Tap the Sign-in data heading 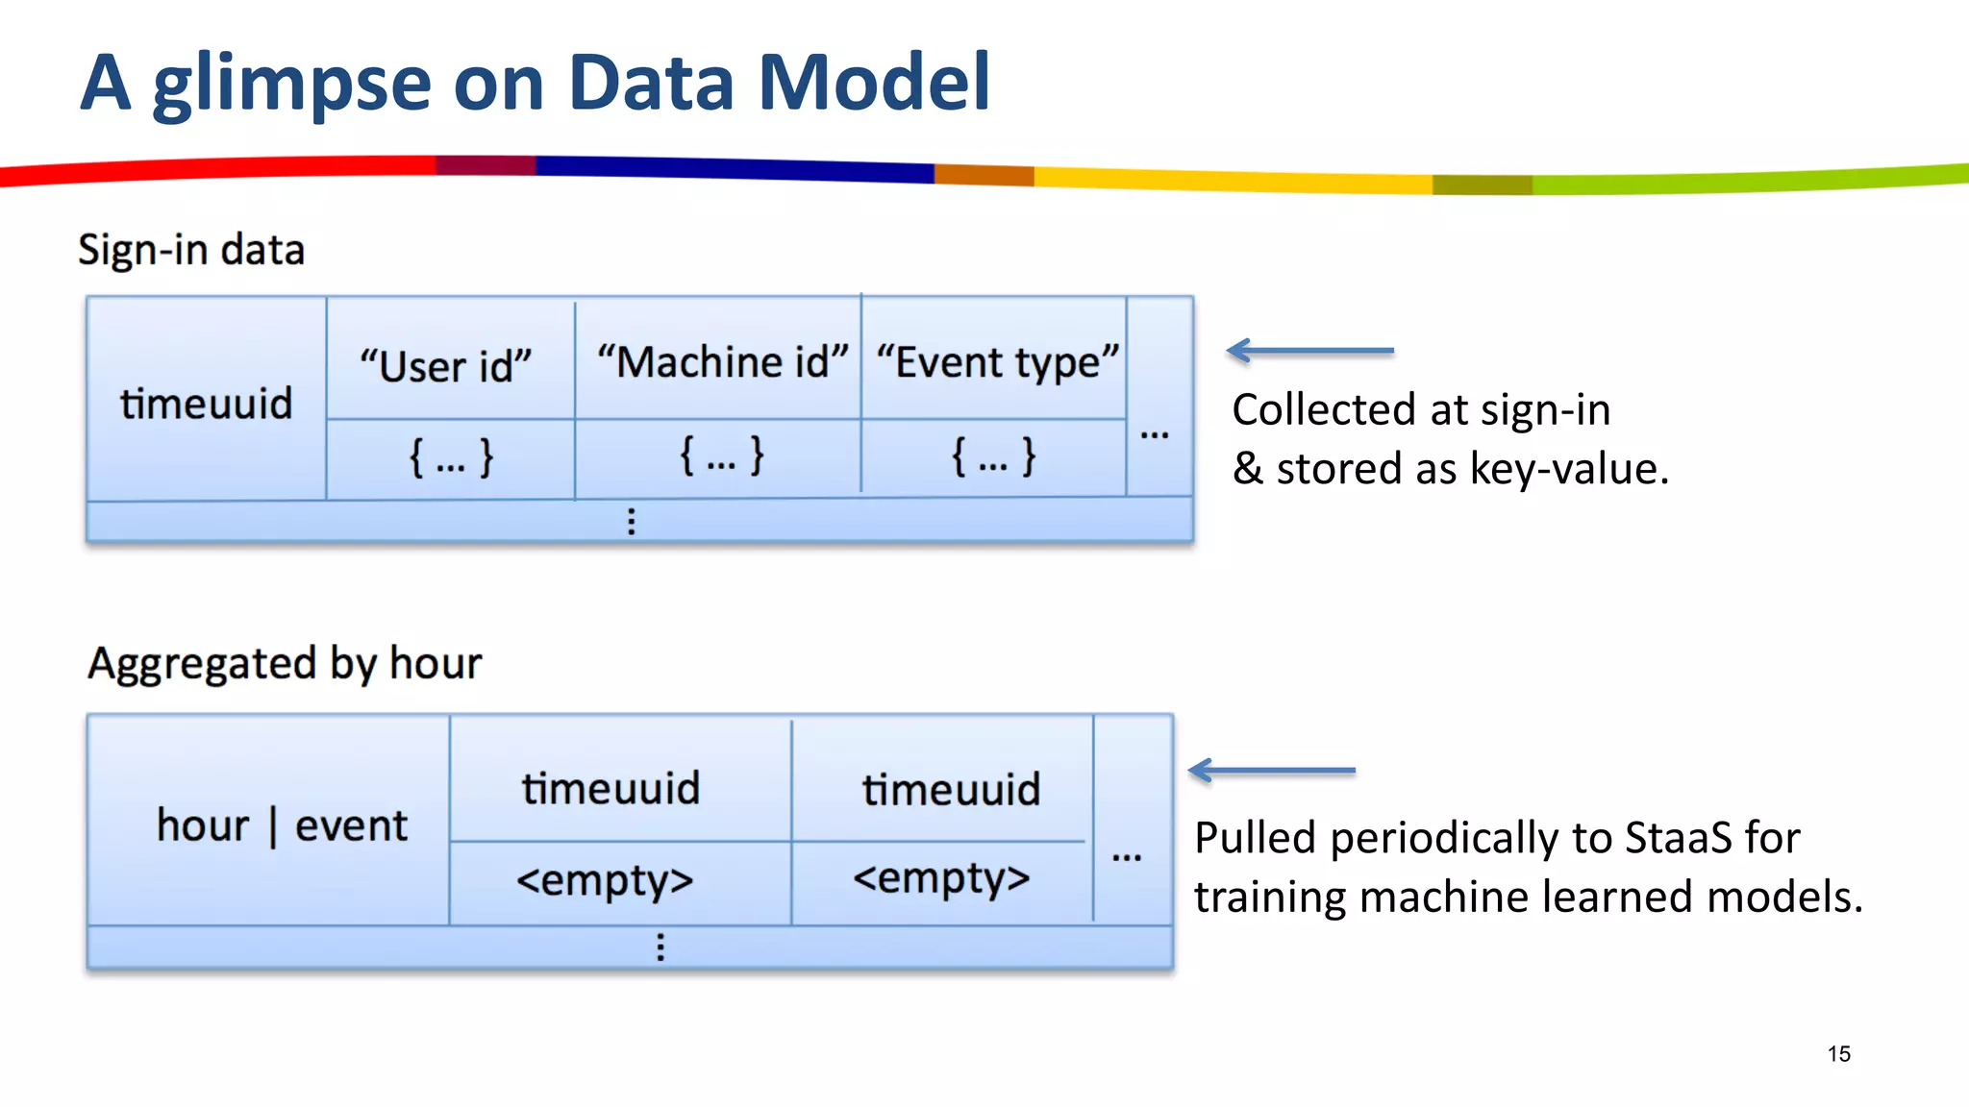(191, 250)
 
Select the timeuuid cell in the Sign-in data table (206, 403)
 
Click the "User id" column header (446, 366)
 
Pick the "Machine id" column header (722, 362)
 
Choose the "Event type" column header (997, 363)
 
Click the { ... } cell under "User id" (451, 457)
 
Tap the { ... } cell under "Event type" (993, 456)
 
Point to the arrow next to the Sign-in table (1309, 351)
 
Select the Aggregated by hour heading (285, 663)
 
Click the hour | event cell (282, 825)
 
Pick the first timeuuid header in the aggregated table (611, 788)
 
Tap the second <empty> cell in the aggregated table (941, 878)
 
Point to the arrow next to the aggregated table (1271, 770)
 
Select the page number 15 (1838, 1054)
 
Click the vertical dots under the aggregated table (660, 947)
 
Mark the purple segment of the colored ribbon (486, 165)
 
